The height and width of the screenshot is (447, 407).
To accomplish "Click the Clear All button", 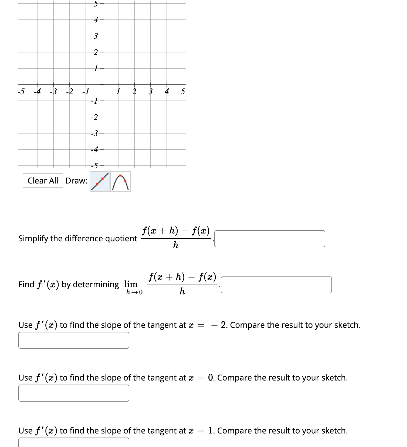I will click(43, 181).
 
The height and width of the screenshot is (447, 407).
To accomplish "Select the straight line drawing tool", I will click(100, 181).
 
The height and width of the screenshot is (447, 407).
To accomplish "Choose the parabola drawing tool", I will click(120, 181).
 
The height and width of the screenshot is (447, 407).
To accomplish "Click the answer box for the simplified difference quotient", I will click(270, 239).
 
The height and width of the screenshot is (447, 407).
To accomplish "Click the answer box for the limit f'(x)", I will click(276, 285).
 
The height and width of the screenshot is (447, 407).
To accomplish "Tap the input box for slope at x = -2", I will click(74, 340).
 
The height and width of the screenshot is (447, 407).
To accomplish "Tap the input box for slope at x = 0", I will click(74, 393).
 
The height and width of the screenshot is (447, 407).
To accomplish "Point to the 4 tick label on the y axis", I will click(96, 20).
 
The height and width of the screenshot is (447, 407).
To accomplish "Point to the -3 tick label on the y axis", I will click(94, 133).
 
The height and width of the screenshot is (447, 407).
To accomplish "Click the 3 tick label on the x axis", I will click(151, 92).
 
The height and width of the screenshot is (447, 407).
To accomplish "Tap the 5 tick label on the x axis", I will click(183, 92).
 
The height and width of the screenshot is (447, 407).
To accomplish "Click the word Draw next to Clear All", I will click(76, 181).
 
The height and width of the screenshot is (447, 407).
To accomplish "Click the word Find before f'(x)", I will click(26, 284).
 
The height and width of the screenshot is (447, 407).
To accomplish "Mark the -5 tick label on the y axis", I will click(94, 166).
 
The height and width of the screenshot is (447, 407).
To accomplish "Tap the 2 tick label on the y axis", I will click(96, 52).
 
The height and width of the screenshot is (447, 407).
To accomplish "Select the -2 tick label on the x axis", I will click(69, 92).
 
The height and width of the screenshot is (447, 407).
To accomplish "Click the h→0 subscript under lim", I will click(134, 292).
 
